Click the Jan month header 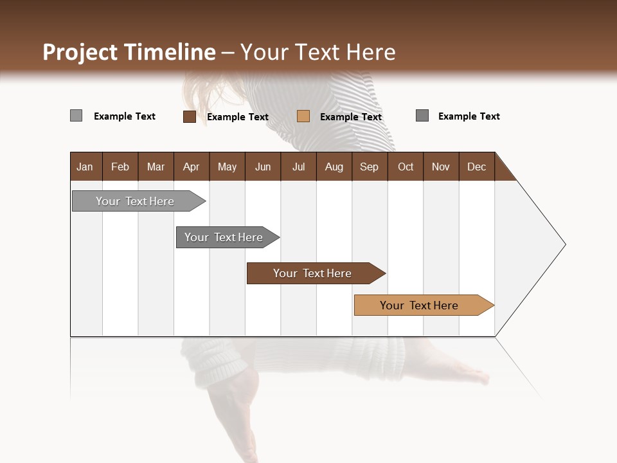[85, 167]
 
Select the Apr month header [192, 167]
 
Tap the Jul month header [298, 167]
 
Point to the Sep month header [370, 167]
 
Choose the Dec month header [476, 167]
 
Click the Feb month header [120, 167]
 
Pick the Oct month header [406, 167]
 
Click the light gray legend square [76, 116]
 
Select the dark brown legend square [189, 116]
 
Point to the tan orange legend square [303, 116]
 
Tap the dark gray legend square [422, 116]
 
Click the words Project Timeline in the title [129, 52]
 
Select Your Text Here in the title [318, 52]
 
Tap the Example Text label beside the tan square [351, 117]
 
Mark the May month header [227, 167]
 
